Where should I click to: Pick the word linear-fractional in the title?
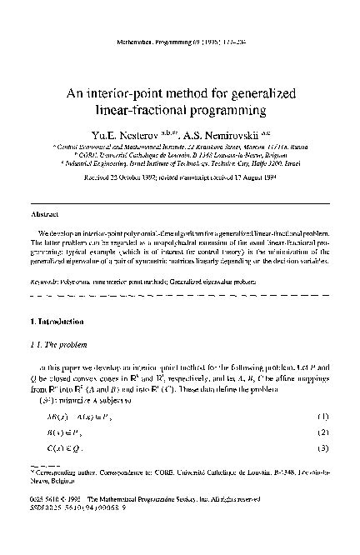pos(144,110)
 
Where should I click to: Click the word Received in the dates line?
pos(89,177)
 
